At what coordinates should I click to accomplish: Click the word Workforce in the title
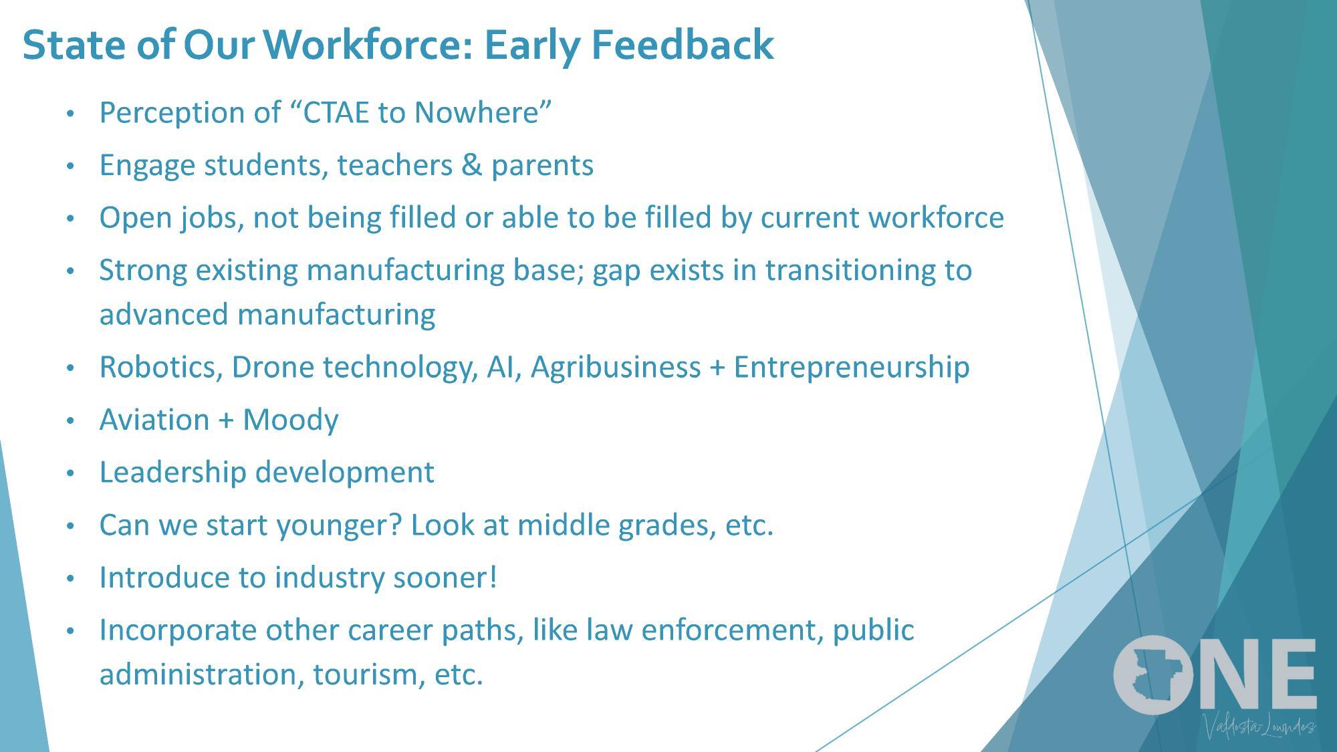tap(368, 45)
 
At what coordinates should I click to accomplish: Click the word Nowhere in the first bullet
tap(481, 112)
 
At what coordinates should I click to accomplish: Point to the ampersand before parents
tap(471, 165)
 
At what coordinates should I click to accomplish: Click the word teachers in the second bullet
tap(394, 165)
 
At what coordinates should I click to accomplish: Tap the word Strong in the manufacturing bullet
tap(142, 271)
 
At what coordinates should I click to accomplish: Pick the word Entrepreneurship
tap(851, 367)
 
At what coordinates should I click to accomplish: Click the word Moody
tap(290, 420)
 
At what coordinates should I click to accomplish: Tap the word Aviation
tap(154, 420)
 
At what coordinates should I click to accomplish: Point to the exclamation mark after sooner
tap(493, 578)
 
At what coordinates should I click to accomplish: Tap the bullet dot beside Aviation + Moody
tap(71, 421)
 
